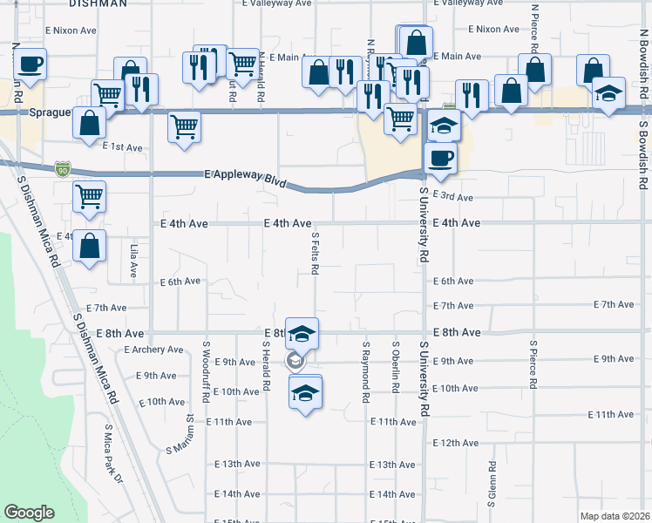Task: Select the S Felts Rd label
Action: [x=315, y=254]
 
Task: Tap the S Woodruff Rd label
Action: [x=206, y=372]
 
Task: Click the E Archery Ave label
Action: [x=153, y=350]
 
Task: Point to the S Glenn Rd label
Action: [x=492, y=485]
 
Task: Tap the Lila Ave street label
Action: [x=133, y=261]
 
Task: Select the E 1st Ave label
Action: [x=122, y=147]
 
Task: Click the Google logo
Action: [x=29, y=513]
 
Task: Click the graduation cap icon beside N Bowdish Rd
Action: [x=608, y=93]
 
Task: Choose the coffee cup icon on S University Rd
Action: [x=439, y=159]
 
